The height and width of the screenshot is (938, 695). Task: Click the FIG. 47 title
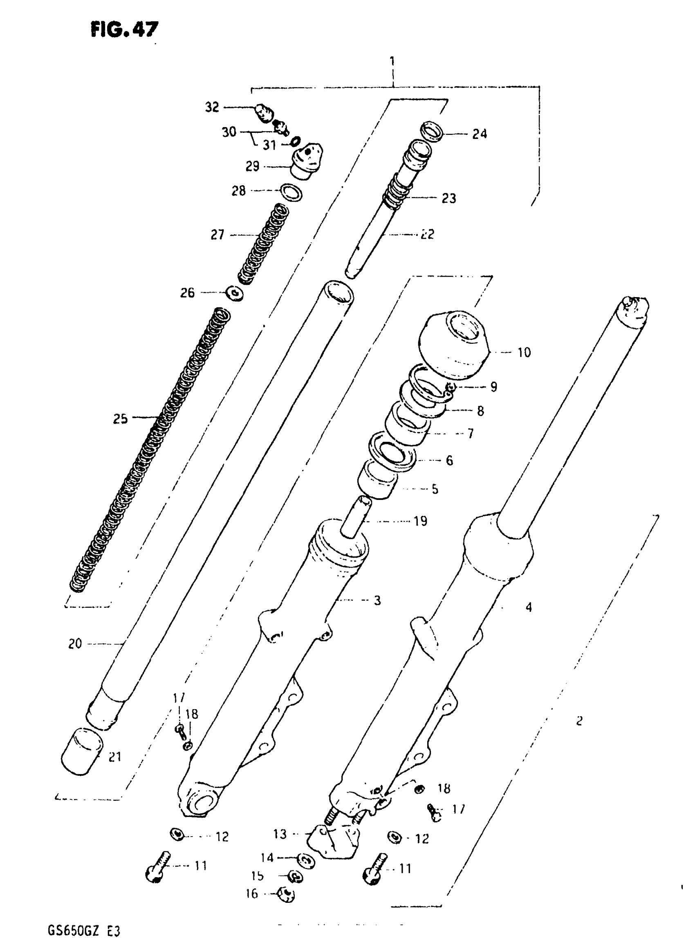(124, 29)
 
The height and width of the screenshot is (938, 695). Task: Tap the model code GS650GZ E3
(84, 919)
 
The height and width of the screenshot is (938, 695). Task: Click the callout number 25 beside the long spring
(120, 419)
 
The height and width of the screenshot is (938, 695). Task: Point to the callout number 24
(480, 134)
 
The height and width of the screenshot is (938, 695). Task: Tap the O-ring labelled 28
(291, 192)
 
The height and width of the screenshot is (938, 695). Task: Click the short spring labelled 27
(263, 244)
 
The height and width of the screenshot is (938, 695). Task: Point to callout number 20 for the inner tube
(75, 644)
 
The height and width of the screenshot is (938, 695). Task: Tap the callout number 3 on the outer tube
(377, 600)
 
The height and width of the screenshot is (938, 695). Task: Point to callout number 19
(420, 521)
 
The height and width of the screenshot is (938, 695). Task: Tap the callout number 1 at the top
(392, 61)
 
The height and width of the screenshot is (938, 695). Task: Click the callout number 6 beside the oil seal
(449, 461)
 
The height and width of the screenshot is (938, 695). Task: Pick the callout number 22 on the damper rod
(428, 234)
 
